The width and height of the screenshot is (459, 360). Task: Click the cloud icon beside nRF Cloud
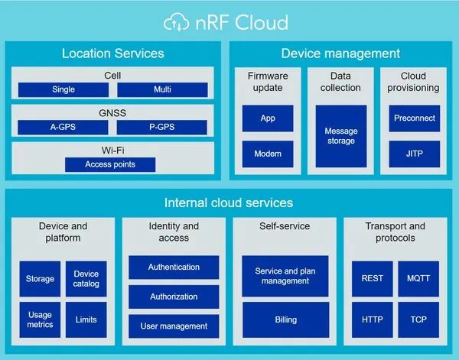pos(177,22)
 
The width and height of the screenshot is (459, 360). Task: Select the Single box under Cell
pos(63,89)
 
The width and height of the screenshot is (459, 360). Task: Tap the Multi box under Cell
pos(162,89)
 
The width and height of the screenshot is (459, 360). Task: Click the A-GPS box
pos(63,127)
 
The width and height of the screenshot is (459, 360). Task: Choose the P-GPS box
pos(162,127)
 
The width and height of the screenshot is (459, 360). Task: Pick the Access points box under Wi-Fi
pos(110,164)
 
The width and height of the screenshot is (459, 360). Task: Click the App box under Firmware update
pos(268,118)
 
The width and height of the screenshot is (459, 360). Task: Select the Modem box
pos(268,154)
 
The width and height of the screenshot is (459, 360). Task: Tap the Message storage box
pos(340,136)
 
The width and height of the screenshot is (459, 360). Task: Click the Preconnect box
pos(414,118)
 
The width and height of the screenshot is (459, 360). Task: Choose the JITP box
pos(414,154)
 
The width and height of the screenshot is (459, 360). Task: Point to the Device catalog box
pos(86,279)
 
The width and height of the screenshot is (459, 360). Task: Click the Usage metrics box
pos(40,319)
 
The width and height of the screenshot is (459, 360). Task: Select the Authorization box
pos(174,297)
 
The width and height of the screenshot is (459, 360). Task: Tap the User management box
pos(174,326)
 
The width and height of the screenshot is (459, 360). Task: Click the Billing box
pos(285,319)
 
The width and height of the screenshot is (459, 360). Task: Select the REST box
pos(372,279)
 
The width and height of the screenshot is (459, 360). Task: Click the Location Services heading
pos(112,54)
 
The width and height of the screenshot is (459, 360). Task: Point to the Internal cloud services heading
pos(229,203)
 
